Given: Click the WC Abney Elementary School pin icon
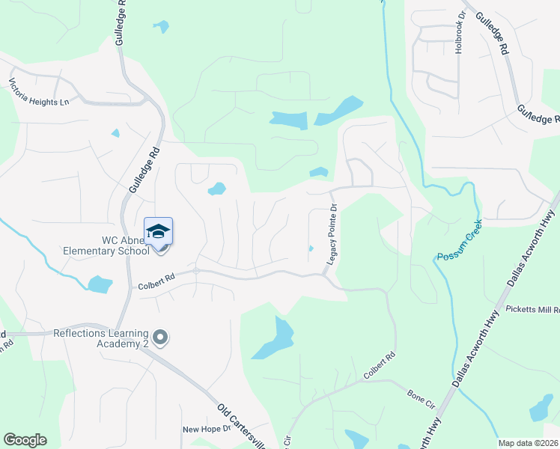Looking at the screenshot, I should tap(158, 231).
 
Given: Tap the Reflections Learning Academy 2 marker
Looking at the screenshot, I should tap(160, 337).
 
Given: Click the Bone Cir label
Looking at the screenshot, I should tap(421, 397).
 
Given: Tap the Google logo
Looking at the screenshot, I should tap(25, 440).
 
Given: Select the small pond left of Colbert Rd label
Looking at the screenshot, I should tap(100, 284).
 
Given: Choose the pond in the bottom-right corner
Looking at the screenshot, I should tap(541, 409).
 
